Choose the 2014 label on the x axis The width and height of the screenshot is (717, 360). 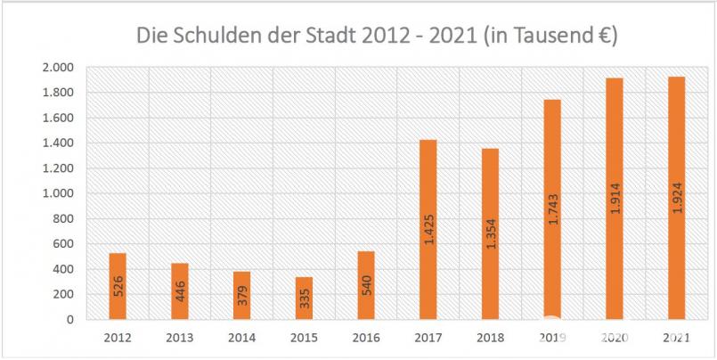(241, 340)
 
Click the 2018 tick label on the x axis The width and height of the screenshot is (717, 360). (489, 340)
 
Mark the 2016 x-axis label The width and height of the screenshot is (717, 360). (365, 340)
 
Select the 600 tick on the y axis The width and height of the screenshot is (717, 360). (67, 244)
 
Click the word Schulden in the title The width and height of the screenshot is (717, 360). (214, 37)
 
